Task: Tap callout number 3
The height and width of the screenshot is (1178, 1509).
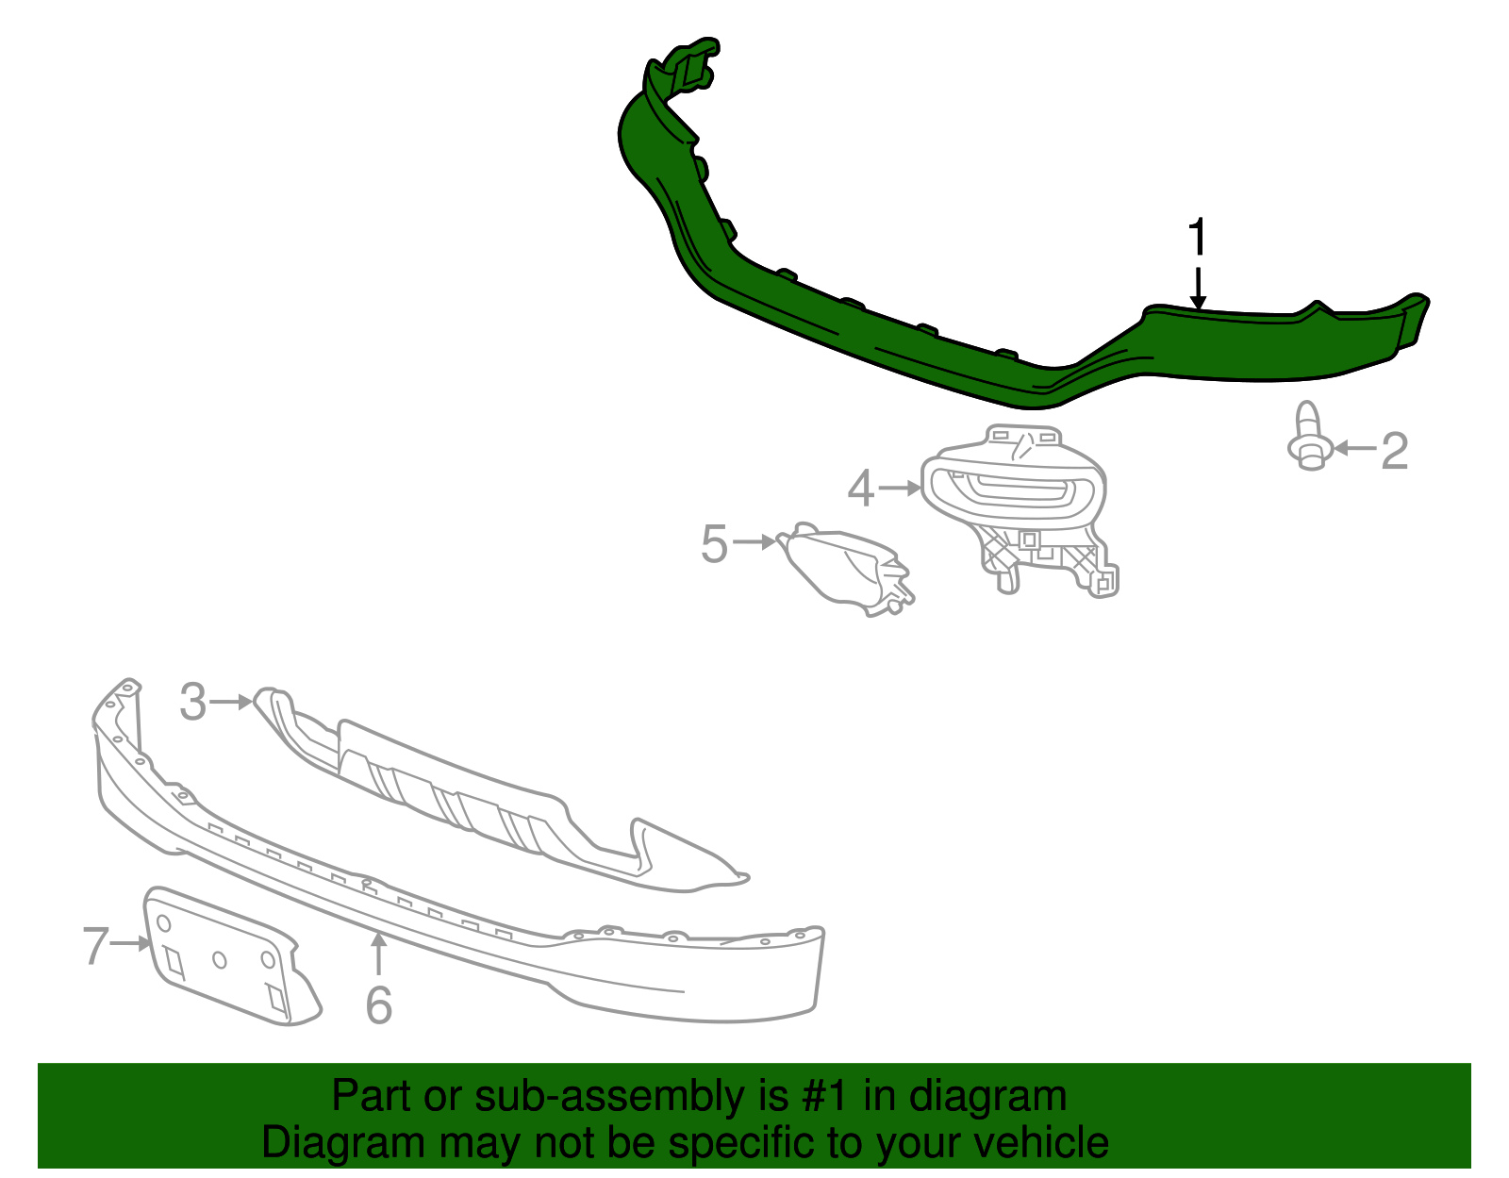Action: click(x=193, y=703)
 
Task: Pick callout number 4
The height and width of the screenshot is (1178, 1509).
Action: click(x=860, y=489)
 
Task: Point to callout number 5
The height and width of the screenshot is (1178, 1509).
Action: click(x=715, y=544)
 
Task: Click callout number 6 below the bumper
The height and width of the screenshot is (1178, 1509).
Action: click(x=378, y=1005)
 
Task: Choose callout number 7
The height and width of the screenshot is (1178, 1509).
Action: click(x=96, y=945)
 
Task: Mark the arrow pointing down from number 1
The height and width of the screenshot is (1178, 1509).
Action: click(x=1198, y=288)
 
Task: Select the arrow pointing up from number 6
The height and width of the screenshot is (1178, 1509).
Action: click(x=378, y=953)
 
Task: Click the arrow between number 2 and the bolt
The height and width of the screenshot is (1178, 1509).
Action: click(x=1354, y=449)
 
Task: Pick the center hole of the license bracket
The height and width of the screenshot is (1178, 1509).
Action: click(x=220, y=959)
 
